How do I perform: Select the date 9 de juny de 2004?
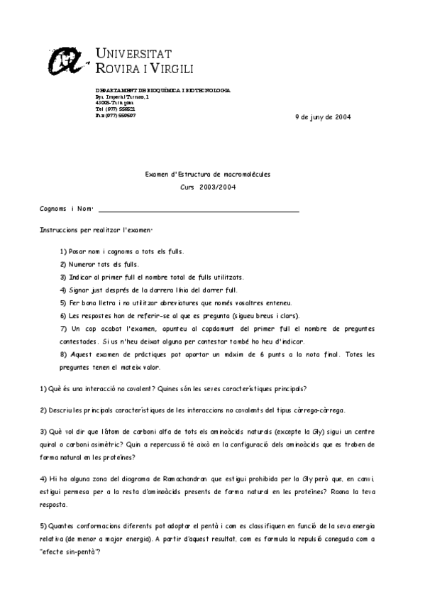[322, 117]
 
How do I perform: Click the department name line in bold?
[162, 90]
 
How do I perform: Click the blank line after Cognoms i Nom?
[199, 210]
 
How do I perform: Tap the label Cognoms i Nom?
[67, 209]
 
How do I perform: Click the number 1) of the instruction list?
[63, 251]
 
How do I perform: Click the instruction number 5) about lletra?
[63, 302]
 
